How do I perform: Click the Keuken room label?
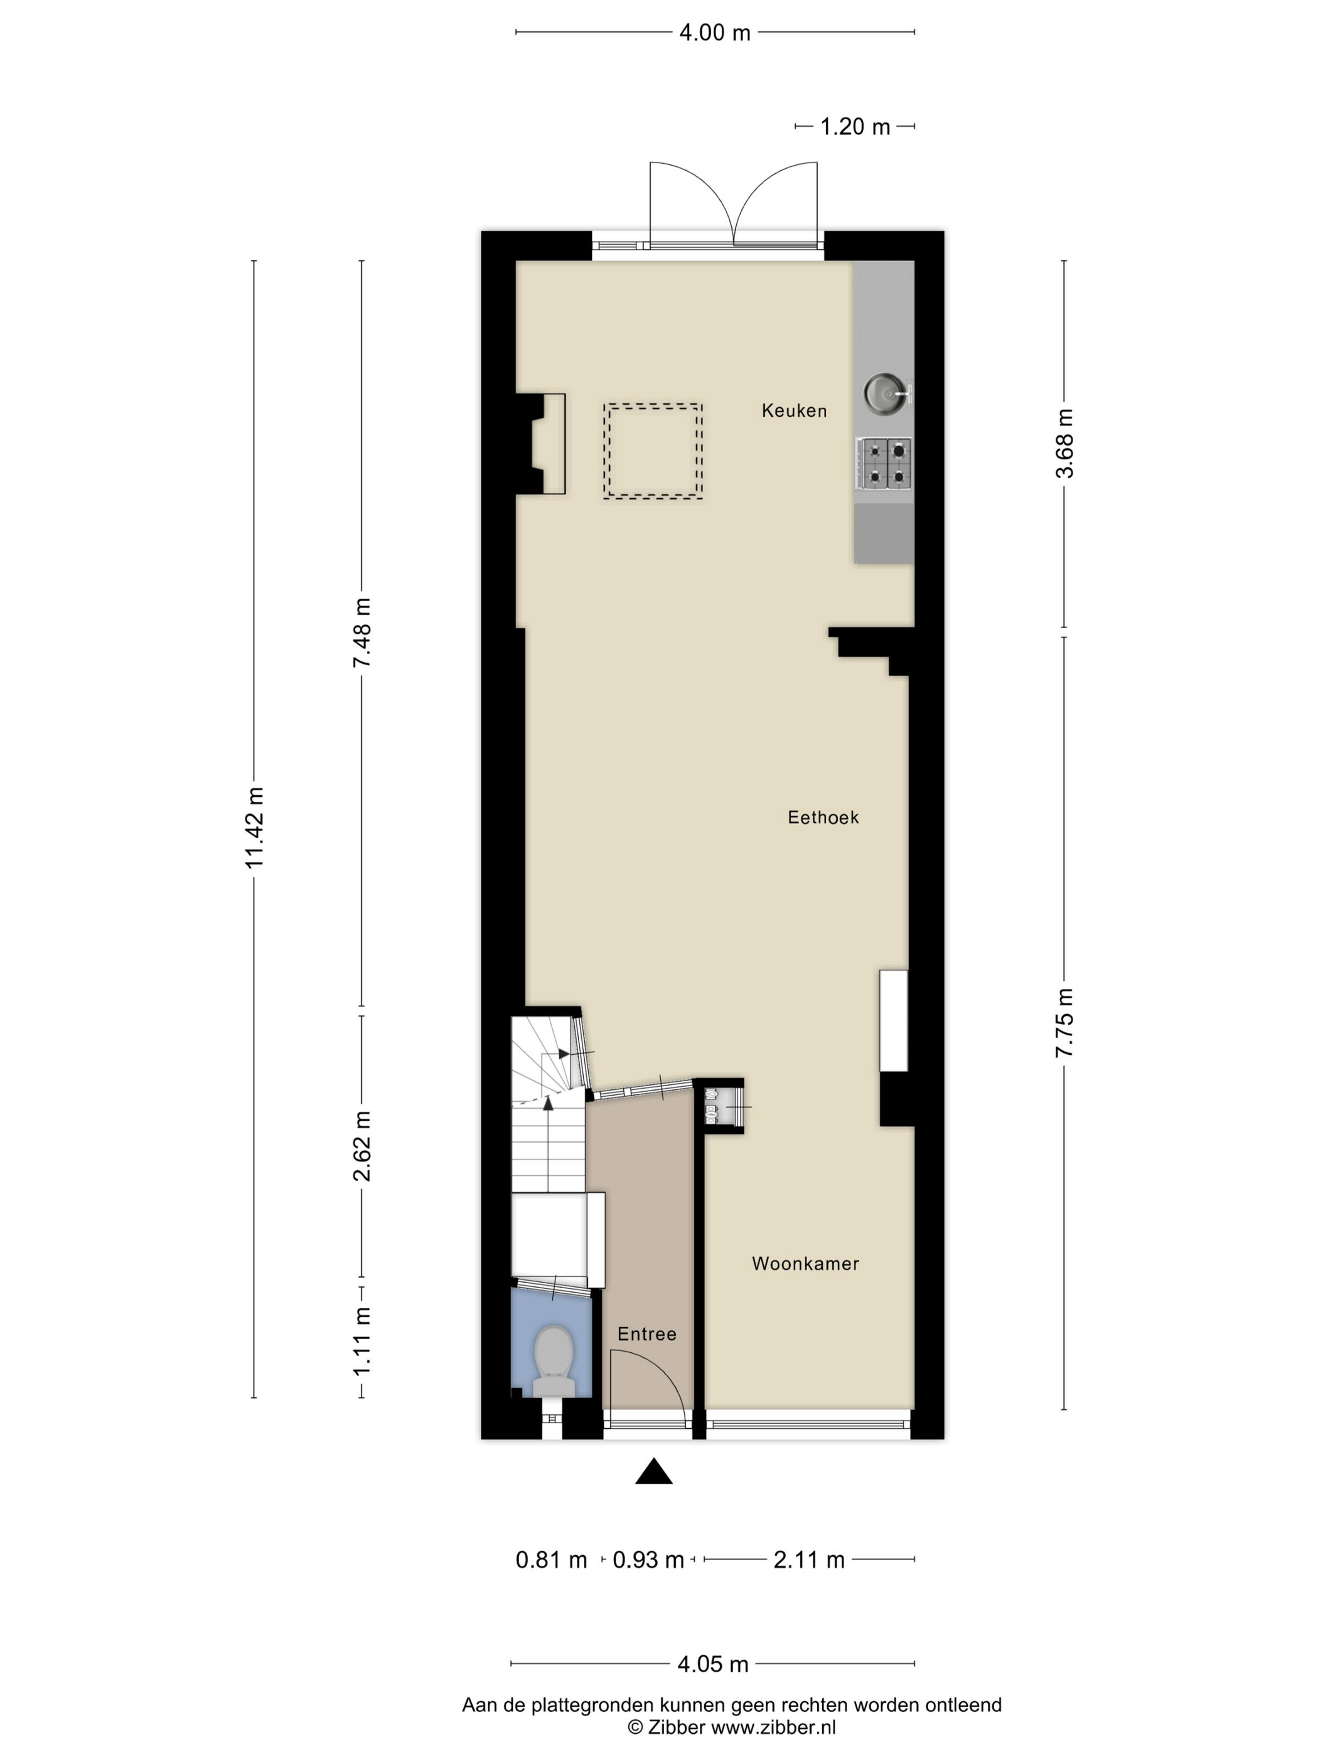pyautogui.click(x=794, y=410)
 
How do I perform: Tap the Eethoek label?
pyautogui.click(x=823, y=818)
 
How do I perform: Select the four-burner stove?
pyautogui.click(x=884, y=464)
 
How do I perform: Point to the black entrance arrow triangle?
pyautogui.click(x=654, y=1471)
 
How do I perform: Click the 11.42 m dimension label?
pyautogui.click(x=254, y=828)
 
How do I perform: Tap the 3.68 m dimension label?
pyautogui.click(x=1064, y=443)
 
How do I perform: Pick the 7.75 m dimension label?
pyautogui.click(x=1064, y=1022)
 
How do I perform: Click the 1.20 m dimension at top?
pyautogui.click(x=855, y=126)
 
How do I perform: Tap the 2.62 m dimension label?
pyautogui.click(x=362, y=1146)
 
